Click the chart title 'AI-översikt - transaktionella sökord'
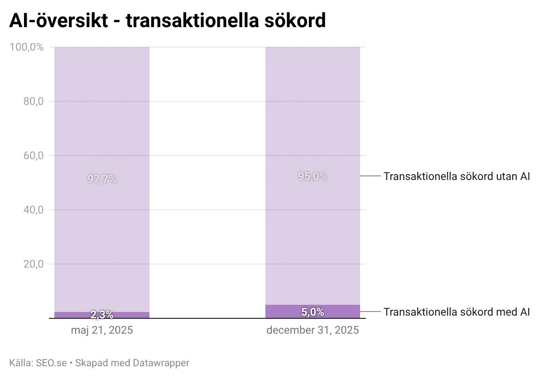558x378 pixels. (x=167, y=20)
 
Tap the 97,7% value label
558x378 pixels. (x=102, y=179)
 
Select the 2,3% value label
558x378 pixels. (x=102, y=315)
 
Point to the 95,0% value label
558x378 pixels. (x=313, y=176)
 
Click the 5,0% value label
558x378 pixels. (x=313, y=312)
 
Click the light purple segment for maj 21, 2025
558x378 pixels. (x=102, y=113)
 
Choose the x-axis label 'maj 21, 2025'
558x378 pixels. (x=102, y=330)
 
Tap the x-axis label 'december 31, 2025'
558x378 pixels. (x=313, y=330)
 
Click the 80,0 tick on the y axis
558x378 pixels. (x=33, y=101)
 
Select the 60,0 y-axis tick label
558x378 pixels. (x=33, y=156)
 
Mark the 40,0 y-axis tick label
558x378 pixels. (x=33, y=210)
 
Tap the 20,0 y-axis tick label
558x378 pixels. (x=33, y=264)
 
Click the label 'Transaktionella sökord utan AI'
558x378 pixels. (x=457, y=176)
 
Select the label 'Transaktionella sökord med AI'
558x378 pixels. (x=457, y=312)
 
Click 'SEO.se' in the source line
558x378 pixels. (x=51, y=363)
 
